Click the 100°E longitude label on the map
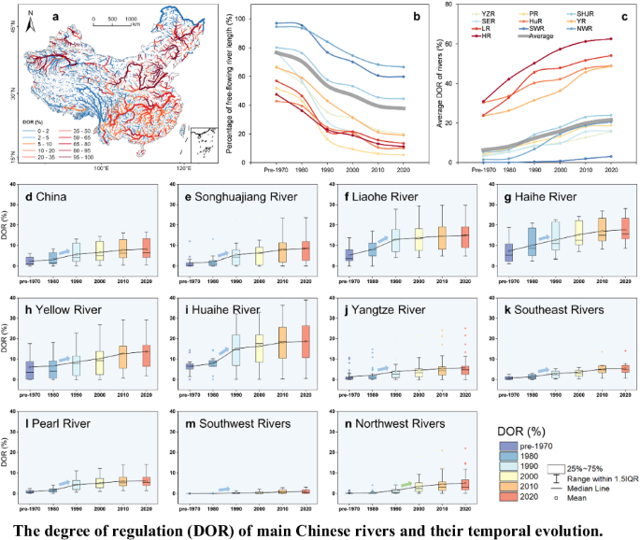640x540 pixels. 103,168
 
